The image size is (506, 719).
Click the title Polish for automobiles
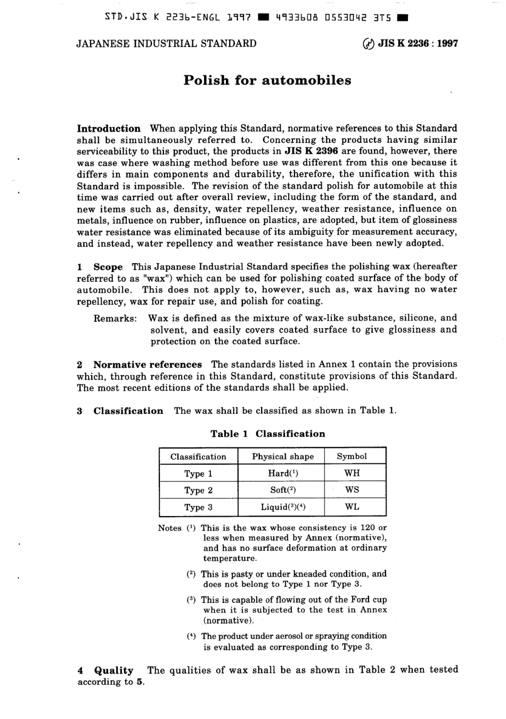[x=267, y=80]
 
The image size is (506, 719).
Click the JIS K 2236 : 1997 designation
[x=418, y=44]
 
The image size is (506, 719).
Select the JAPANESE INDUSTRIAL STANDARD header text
[x=166, y=44]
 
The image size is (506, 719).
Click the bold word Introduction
[x=109, y=128]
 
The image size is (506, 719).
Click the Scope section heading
[x=108, y=267]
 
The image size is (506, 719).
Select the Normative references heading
[x=147, y=365]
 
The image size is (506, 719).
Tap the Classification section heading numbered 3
[x=128, y=411]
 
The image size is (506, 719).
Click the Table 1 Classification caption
[x=267, y=434]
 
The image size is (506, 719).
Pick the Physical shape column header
[x=283, y=456]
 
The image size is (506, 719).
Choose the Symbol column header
[x=352, y=456]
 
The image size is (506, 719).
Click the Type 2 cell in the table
[x=198, y=490]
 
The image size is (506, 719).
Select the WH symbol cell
[x=352, y=473]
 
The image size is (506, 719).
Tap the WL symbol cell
[x=352, y=506]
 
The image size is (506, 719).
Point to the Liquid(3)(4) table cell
[x=283, y=506]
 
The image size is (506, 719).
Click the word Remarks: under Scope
[x=115, y=318]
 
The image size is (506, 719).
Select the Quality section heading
[x=113, y=671]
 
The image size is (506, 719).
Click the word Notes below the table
[x=169, y=528]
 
